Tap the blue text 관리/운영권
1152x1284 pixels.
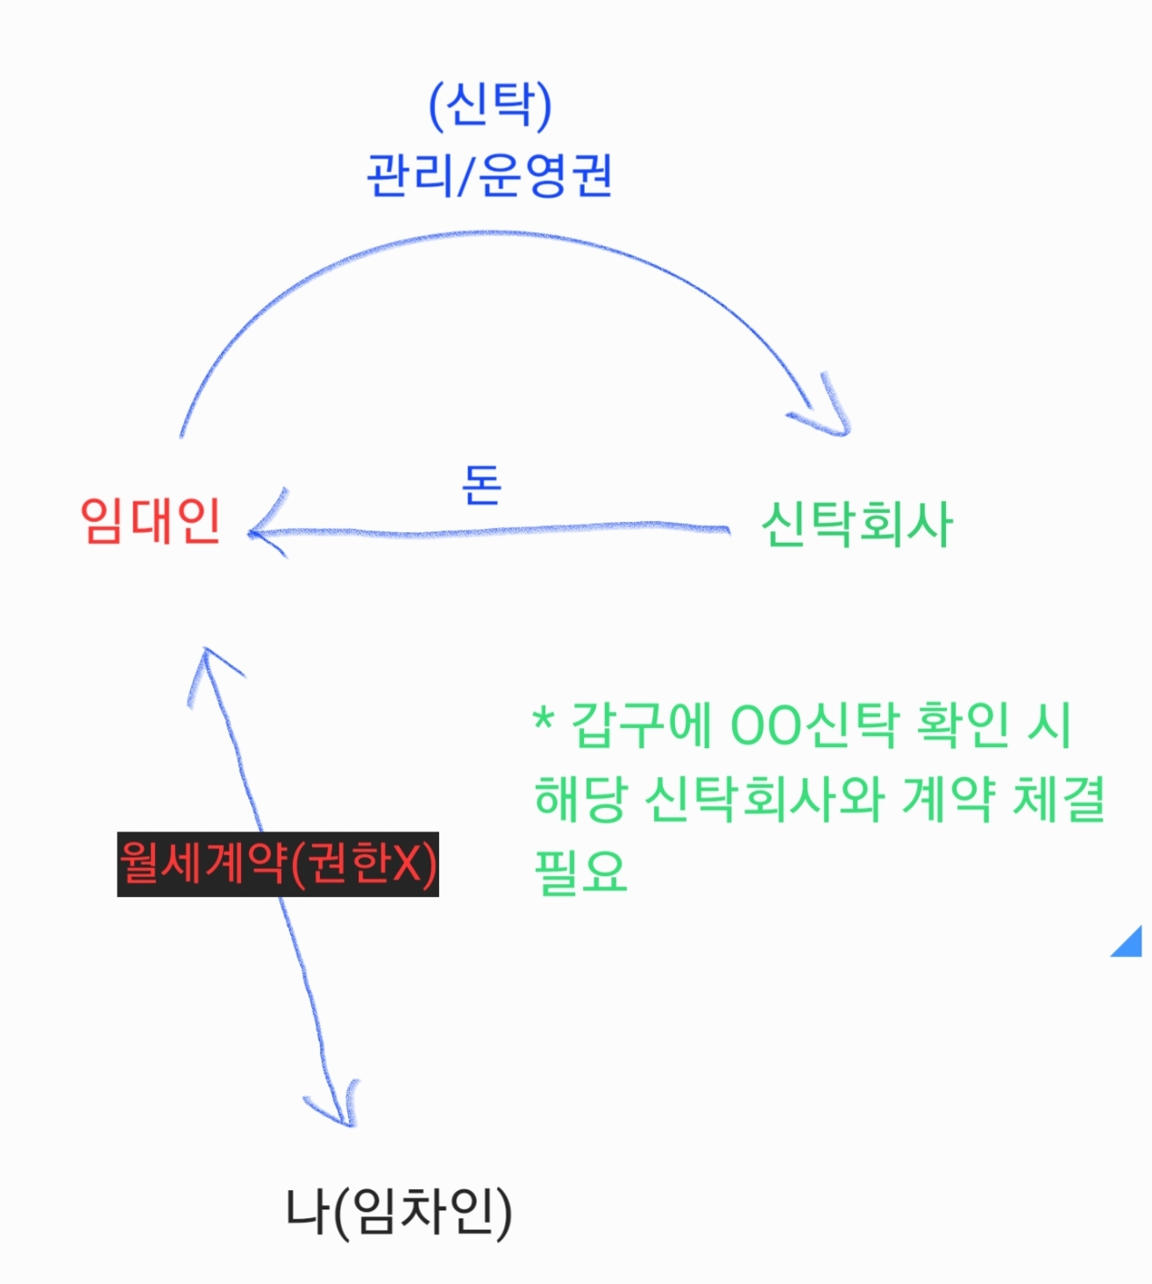click(x=489, y=175)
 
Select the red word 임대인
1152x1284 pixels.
click(x=150, y=520)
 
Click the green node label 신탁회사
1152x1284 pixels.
click(x=856, y=524)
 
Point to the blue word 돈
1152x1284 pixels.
click(x=481, y=484)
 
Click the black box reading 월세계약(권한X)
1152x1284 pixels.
click(x=278, y=864)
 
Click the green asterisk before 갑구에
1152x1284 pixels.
click(x=544, y=719)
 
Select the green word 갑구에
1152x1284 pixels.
click(x=641, y=725)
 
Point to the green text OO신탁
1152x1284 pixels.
click(x=814, y=725)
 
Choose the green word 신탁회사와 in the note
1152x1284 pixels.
click(x=764, y=798)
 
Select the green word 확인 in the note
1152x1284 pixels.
click(x=963, y=725)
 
